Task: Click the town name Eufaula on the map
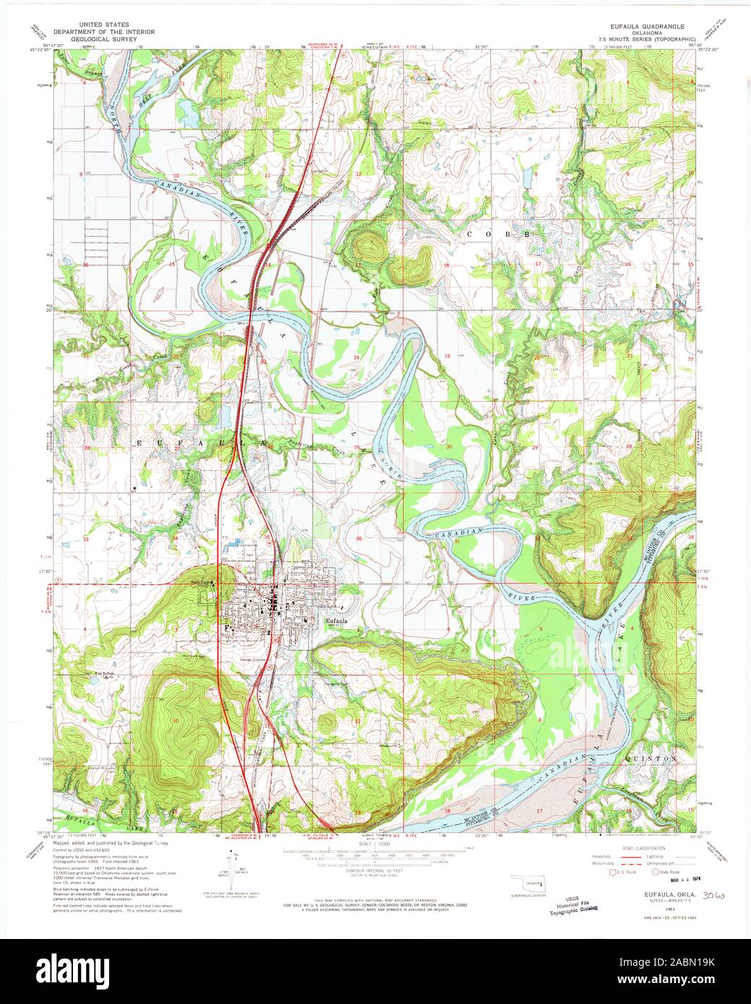pos(338,620)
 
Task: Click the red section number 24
pos(357,358)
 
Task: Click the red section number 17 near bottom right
pos(539,811)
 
